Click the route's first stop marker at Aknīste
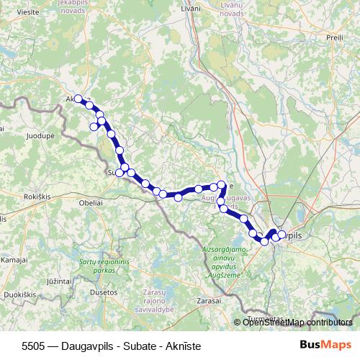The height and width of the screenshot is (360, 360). (78, 99)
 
